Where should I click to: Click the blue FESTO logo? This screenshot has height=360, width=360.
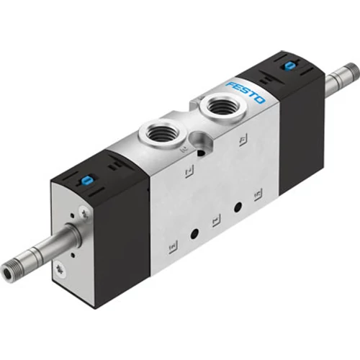coord(246,91)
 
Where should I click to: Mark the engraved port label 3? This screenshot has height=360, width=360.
coord(172,245)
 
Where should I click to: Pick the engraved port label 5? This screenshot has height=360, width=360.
coord(257,194)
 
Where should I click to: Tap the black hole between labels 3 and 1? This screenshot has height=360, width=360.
coord(194,234)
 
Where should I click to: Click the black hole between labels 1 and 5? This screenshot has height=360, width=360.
coord(237,207)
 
